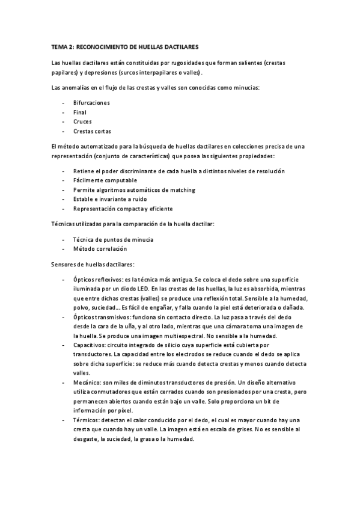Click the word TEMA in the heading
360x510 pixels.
coord(59,46)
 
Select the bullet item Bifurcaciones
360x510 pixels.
coord(91,103)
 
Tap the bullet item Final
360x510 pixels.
coord(80,112)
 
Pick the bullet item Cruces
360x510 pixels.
coord(82,121)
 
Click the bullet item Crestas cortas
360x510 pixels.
coord(92,131)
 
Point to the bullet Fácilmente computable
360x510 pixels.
coord(105,180)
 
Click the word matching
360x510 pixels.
coord(182,190)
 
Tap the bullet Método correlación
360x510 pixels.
coord(100,248)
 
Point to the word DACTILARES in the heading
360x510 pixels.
coord(180,46)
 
